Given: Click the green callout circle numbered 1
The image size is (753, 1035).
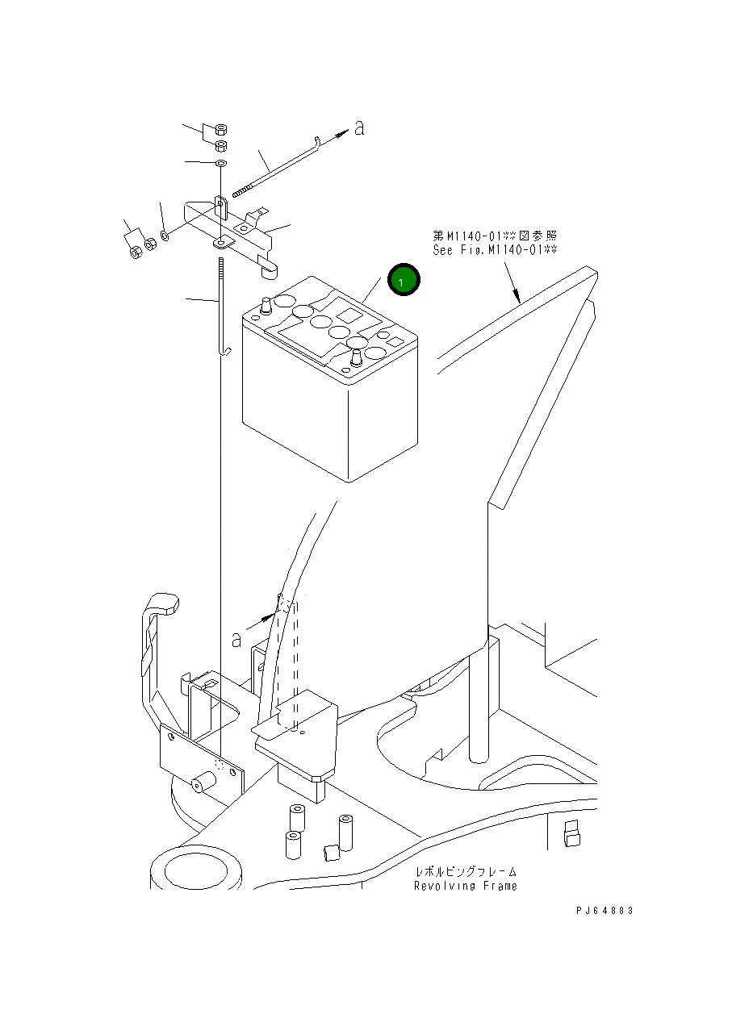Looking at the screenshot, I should tap(404, 279).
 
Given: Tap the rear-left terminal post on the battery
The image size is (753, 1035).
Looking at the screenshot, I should tap(264, 307).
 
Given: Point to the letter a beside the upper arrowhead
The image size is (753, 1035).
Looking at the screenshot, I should tap(359, 127).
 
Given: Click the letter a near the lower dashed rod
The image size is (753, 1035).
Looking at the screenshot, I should tap(236, 640).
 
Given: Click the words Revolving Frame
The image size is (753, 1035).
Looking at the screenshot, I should tap(466, 886).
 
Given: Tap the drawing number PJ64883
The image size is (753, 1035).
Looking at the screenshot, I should tap(604, 910).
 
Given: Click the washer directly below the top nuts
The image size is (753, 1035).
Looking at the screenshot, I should tap(221, 164).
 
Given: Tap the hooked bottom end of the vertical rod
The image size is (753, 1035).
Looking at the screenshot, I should tap(226, 349).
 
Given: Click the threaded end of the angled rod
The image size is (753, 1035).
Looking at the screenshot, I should tap(243, 191).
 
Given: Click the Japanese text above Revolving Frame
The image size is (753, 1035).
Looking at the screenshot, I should tap(466, 872).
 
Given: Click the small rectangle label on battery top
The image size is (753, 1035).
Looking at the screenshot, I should tap(395, 342).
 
